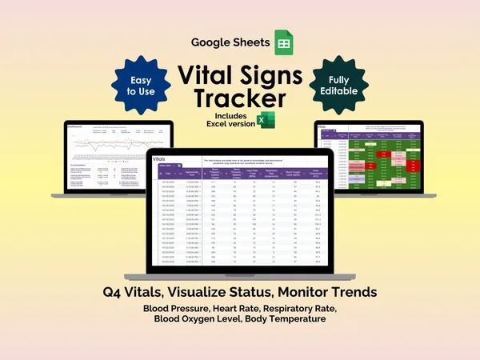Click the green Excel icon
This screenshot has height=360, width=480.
pyautogui.click(x=261, y=121)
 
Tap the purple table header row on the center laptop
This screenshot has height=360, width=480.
pyautogui.click(x=240, y=171)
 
